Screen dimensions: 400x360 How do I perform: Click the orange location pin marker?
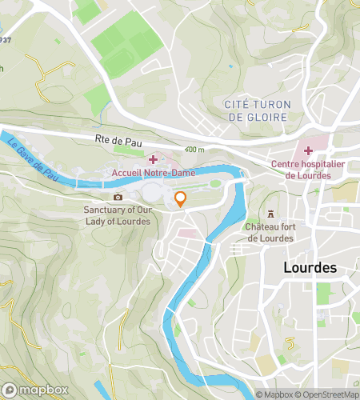(181, 199)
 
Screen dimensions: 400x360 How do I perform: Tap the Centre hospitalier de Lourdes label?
(307, 170)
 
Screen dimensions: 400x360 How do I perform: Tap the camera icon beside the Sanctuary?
(118, 197)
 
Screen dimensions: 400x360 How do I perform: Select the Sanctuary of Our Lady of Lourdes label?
(117, 215)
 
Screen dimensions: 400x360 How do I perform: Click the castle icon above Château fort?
(270, 214)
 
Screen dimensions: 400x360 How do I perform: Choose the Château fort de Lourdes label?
(270, 232)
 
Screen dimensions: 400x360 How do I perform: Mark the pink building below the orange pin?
(186, 233)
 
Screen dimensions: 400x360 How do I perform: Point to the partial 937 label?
(5, 39)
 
